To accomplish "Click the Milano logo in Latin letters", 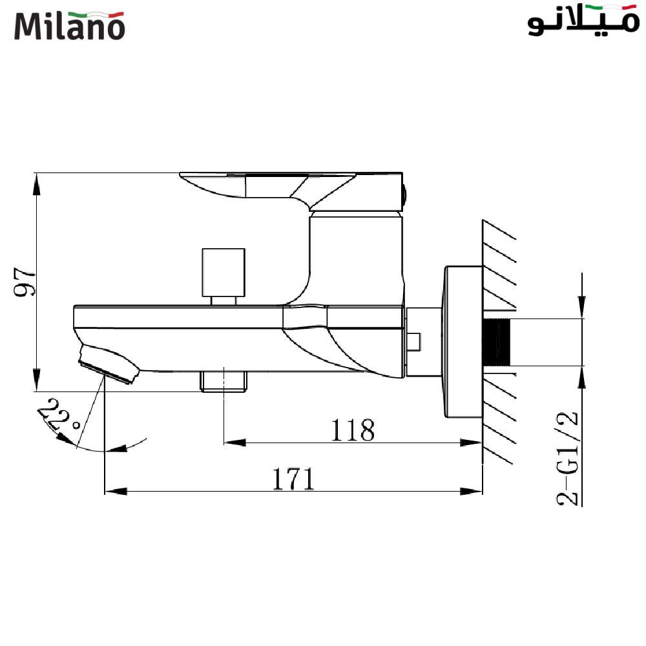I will [x=69, y=25].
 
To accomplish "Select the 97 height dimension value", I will [x=24, y=282].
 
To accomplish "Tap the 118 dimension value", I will [x=352, y=430].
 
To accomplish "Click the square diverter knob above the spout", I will [x=224, y=271].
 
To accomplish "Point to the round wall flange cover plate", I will [x=461, y=342].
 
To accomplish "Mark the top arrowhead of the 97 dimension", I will [x=37, y=184].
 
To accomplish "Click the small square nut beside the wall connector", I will [x=414, y=342].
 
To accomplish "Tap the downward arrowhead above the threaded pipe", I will [x=583, y=306].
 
